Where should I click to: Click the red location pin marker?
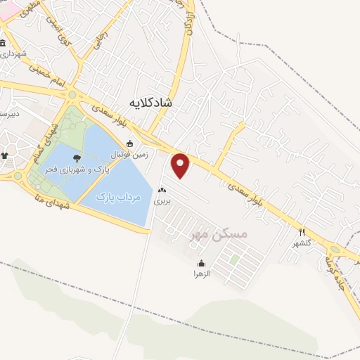coord(181,165)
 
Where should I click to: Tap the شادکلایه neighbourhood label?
coord(150,103)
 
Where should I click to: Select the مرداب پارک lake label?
coord(118,197)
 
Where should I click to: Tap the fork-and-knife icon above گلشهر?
coord(302,232)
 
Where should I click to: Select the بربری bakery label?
coord(163,200)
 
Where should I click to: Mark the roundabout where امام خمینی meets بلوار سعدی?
coord(72,95)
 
